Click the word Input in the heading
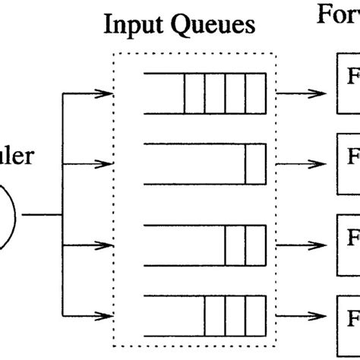131,27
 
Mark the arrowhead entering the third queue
106,245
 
